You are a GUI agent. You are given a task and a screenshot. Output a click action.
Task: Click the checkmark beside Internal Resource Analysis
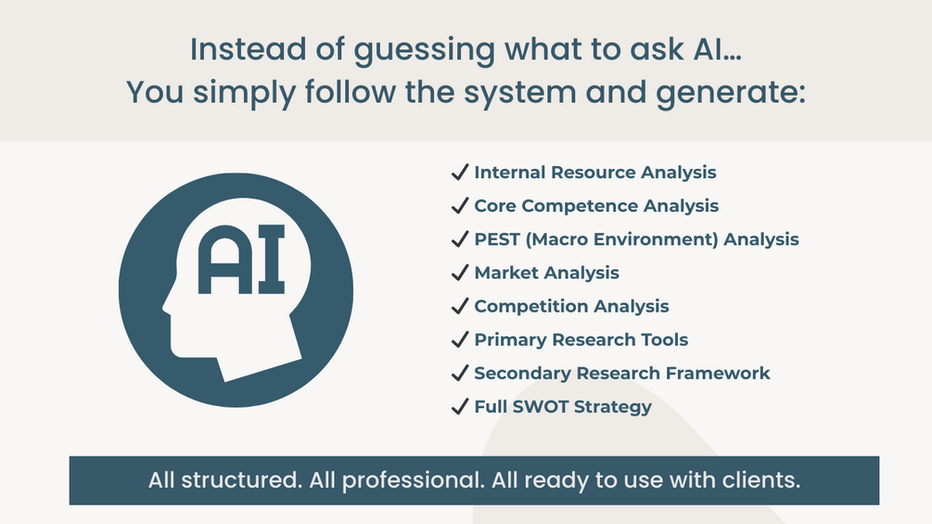(459, 173)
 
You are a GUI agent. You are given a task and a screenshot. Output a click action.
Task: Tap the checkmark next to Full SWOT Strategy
(459, 406)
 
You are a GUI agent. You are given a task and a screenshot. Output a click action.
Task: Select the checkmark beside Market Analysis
(459, 273)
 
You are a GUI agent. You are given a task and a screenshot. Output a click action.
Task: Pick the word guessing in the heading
(424, 50)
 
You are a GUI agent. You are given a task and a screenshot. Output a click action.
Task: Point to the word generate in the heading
(731, 94)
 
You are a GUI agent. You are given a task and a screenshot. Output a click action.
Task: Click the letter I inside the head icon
(271, 260)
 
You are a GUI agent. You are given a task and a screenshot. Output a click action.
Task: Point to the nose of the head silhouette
(167, 306)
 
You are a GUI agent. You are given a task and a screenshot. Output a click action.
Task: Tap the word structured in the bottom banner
(241, 480)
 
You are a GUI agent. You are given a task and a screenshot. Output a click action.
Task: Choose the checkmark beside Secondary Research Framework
(459, 373)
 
